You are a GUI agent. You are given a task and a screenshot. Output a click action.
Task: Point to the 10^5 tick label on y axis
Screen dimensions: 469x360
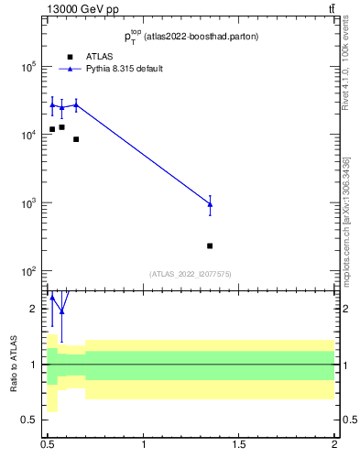coord(28,67)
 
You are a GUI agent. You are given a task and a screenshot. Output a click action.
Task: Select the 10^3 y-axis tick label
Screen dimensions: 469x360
coord(28,203)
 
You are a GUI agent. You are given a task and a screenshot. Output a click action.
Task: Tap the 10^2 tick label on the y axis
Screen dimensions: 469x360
coord(28,272)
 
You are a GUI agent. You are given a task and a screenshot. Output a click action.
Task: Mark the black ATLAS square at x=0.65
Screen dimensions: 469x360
coord(76,139)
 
